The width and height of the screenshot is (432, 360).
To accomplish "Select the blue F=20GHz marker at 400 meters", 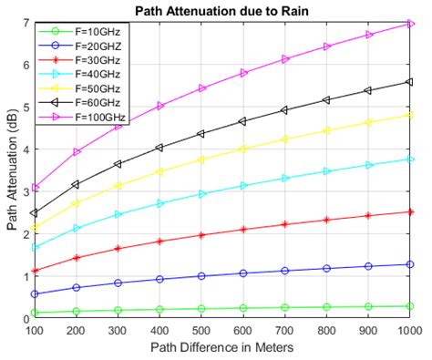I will [160, 279].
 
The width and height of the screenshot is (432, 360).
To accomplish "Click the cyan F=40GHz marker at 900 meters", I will [369, 165].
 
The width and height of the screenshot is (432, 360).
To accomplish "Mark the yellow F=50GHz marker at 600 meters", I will [243, 149].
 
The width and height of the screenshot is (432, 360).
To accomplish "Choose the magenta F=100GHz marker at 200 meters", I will [77, 151].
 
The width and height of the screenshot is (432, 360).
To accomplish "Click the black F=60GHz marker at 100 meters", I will [35, 212].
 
